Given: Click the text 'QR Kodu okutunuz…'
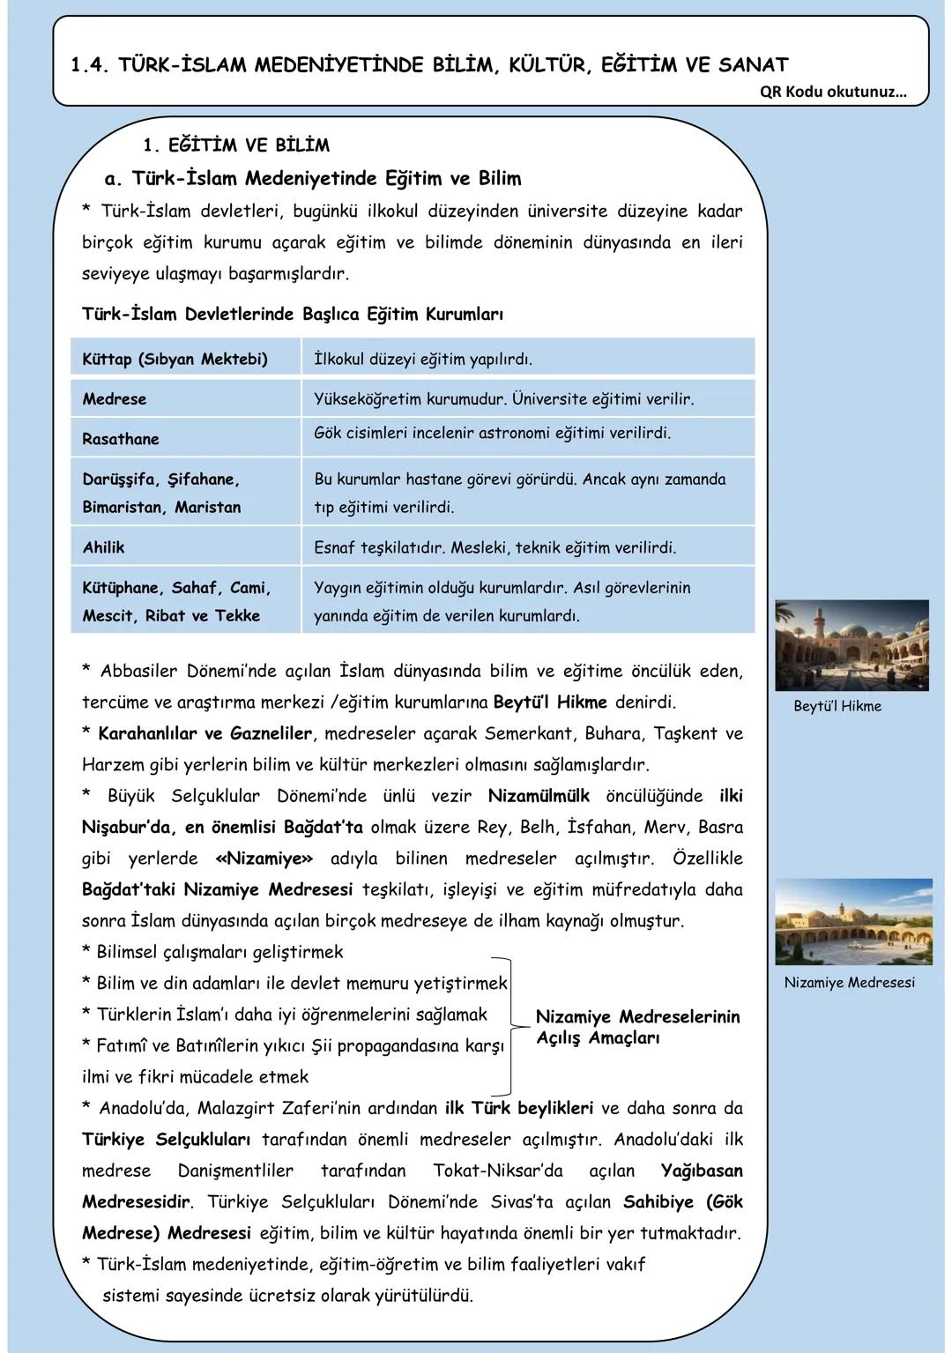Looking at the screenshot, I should click(832, 92).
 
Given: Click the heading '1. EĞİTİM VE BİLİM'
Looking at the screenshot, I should click(235, 145).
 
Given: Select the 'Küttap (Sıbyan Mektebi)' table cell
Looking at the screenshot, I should click(175, 359).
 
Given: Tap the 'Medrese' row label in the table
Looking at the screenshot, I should click(115, 399).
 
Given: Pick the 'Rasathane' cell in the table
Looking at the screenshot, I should click(121, 439).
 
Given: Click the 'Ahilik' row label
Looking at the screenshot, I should click(103, 547).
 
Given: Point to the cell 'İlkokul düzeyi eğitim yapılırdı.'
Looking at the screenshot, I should click(423, 359).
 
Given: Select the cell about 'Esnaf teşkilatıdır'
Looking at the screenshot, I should click(495, 547).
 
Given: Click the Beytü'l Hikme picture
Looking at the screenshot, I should click(852, 645).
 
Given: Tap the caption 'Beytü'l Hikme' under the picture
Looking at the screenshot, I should click(837, 706).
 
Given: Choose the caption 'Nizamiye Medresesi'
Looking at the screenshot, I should click(849, 982).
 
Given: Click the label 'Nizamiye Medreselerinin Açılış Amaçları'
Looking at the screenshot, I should click(637, 1028).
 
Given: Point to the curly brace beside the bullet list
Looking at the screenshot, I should click(508, 1022).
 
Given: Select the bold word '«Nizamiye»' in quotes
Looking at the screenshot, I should click(264, 859).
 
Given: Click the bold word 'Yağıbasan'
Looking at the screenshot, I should click(702, 1171).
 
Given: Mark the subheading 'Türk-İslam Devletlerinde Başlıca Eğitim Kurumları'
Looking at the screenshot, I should click(292, 314).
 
